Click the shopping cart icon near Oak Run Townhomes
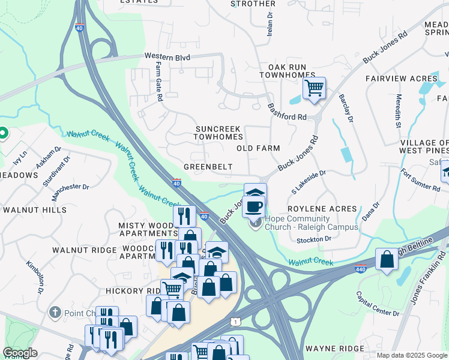pos(314,88)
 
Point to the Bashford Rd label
pos(287,111)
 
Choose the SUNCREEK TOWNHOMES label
pos(218,133)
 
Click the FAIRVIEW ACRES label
pos(401,79)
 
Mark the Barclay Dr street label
pos(346,109)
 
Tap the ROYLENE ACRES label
pos(322,209)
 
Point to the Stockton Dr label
pos(314,239)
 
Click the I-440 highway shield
pos(360,269)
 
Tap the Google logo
pos(20,352)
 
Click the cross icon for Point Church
pos(55,313)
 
